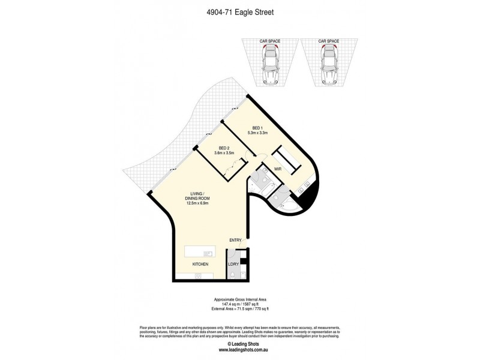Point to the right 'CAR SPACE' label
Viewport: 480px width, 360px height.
coord(328,41)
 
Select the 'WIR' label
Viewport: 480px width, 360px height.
coord(278,170)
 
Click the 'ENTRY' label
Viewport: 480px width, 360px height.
coord(235,240)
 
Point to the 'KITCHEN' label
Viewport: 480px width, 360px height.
coord(200,264)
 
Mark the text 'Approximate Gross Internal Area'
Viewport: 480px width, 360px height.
coord(240,298)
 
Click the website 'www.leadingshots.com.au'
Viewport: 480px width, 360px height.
coord(240,349)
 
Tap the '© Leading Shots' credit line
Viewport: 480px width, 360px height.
coord(240,344)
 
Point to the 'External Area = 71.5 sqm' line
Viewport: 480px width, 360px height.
coord(240,308)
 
